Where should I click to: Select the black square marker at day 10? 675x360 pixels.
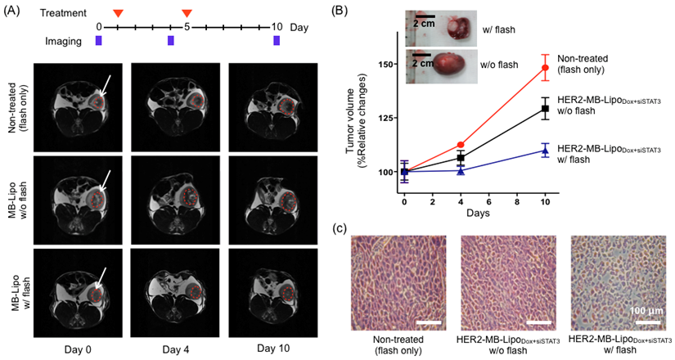tap(544, 108)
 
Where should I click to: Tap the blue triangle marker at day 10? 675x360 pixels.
tap(544, 151)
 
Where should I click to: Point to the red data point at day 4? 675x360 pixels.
tap(461, 145)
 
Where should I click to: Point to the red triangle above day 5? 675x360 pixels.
tap(187, 13)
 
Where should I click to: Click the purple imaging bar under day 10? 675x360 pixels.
tap(277, 41)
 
